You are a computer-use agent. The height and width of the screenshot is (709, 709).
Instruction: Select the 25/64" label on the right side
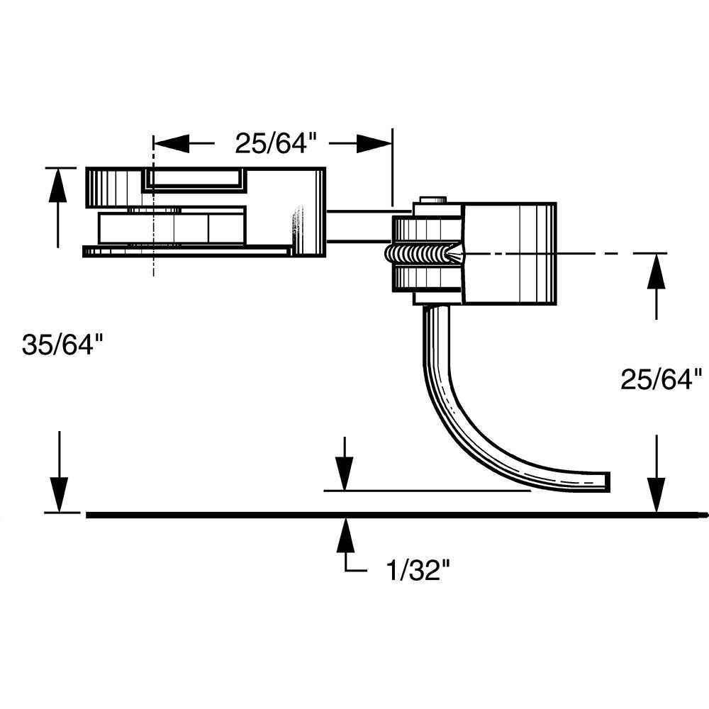(661, 380)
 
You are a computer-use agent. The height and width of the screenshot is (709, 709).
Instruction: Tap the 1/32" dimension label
(418, 570)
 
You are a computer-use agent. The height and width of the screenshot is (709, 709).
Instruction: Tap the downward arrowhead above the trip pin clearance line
(345, 473)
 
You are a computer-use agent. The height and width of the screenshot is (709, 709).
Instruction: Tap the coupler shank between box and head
(358, 225)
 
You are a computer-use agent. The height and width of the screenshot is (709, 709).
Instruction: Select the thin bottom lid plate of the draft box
(188, 251)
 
